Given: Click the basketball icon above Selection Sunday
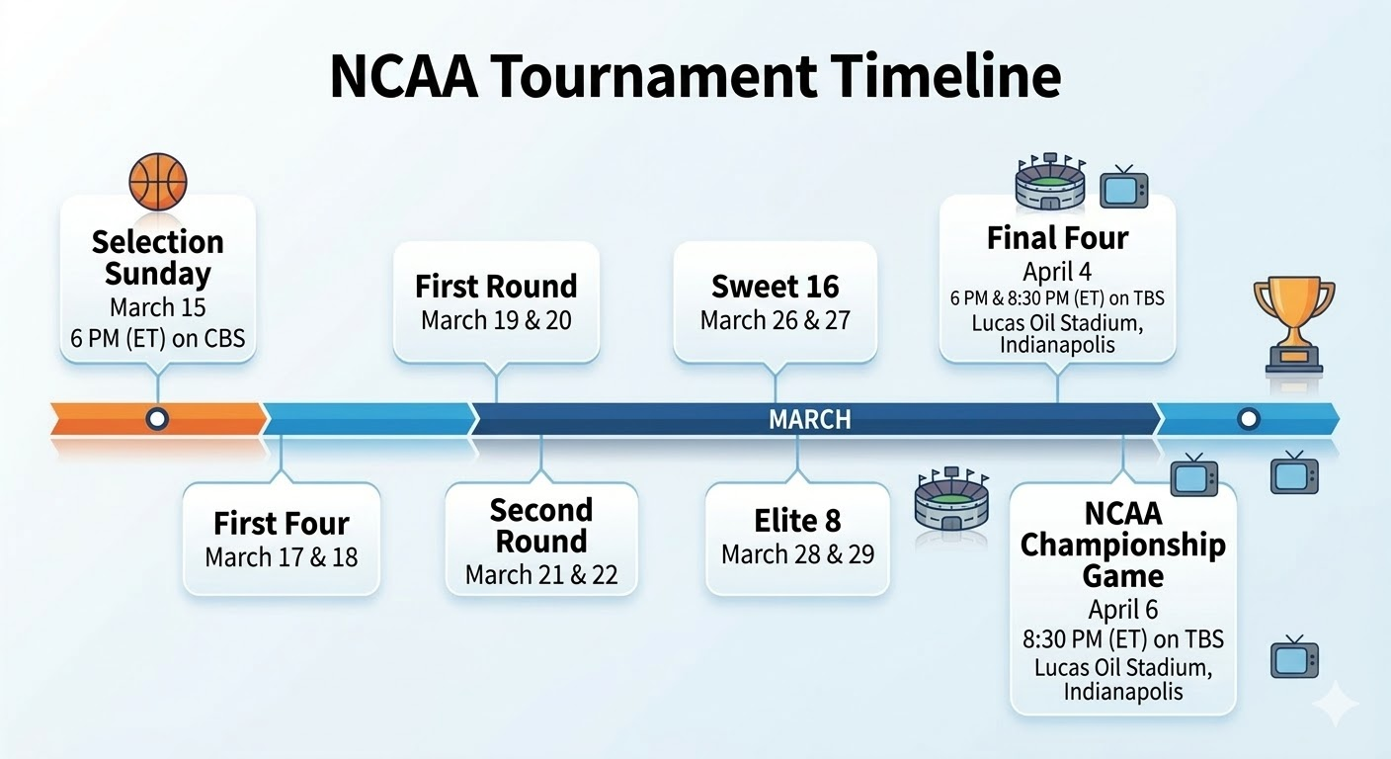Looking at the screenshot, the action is coord(158,182).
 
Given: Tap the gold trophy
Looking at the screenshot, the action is coord(1294,325).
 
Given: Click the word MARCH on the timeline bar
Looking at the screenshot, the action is coord(810,419).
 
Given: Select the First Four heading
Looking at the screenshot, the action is coord(282,523).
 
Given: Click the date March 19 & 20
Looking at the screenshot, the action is coord(496,320).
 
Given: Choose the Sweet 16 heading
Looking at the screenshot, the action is coord(775,287).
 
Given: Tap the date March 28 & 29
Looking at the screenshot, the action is coord(797,554).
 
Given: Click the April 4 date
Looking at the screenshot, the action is coord(1057,272).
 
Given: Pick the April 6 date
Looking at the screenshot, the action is coord(1122,610).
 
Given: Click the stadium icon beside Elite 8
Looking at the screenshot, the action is coord(952,498).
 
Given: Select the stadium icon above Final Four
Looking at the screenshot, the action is coord(1051,181).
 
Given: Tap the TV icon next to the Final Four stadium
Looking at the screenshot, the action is coord(1124,187).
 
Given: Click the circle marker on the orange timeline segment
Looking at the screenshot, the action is coord(157,419).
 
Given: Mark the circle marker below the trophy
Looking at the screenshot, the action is coord(1248,419).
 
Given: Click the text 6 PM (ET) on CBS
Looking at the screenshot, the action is coord(158,339).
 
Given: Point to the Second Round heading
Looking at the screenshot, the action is coord(540,526).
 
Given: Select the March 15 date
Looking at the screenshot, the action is coord(158,307).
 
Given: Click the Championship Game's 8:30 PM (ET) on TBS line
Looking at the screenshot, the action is coord(1122,638).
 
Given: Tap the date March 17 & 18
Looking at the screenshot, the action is coord(282,557).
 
